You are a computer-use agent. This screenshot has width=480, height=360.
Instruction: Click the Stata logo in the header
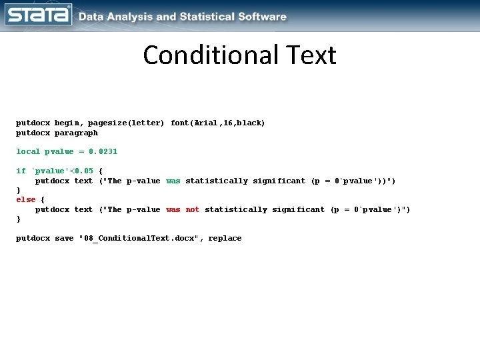pos(38,15)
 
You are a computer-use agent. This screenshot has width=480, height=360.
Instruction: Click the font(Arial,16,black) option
pos(218,123)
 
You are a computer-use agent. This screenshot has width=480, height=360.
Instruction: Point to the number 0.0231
pos(103,152)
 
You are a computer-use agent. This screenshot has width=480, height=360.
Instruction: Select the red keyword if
pos(21,171)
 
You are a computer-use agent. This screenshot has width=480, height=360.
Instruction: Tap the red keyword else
pos(25,200)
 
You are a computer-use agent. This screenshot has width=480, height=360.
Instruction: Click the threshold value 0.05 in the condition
pos(83,171)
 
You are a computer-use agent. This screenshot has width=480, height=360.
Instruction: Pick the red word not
pos(193,210)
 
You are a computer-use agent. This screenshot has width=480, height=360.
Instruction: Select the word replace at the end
pos(225,239)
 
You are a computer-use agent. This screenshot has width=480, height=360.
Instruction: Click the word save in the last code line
pos(64,239)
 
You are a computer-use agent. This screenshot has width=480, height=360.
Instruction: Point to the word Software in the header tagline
pos(261,17)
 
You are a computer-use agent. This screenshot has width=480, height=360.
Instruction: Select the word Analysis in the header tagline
pos(129,17)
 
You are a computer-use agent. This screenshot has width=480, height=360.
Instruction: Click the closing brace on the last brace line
pos(19,219)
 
